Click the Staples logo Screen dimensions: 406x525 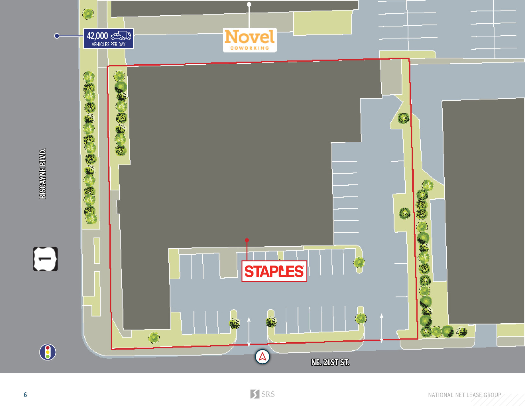[x=274, y=271]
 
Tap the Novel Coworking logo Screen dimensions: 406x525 [x=250, y=40]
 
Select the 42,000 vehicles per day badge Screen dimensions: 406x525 [x=108, y=39]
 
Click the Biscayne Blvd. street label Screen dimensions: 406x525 [x=43, y=174]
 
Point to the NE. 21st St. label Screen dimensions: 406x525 [x=330, y=362]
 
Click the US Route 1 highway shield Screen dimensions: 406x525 [x=45, y=259]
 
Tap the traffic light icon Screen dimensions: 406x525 [x=48, y=352]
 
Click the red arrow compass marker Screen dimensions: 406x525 [x=262, y=357]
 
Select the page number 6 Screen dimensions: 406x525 [x=25, y=395]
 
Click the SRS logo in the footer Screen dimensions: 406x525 [x=262, y=394]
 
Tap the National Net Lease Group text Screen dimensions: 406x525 [x=464, y=395]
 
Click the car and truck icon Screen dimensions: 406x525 [x=121, y=35]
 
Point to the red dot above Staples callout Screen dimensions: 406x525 [x=247, y=240]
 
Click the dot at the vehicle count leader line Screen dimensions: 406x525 [x=57, y=36]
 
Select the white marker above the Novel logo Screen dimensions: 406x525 [x=249, y=4]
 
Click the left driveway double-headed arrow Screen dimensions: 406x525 [x=249, y=331]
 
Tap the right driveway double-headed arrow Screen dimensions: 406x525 [x=381, y=328]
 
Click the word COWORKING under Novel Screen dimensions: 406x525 [x=250, y=48]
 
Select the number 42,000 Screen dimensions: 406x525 [x=98, y=36]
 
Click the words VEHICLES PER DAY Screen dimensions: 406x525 [x=108, y=45]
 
